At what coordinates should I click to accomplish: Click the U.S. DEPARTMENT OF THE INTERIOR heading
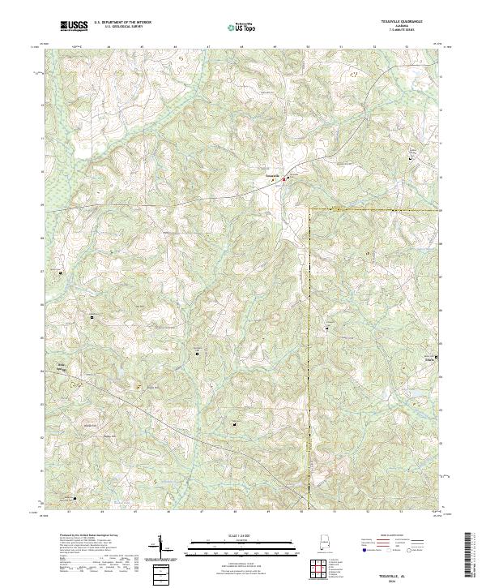[x=122, y=22]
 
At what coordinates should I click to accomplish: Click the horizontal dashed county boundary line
[x=373, y=209]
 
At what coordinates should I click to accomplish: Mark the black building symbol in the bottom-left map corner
[x=75, y=498]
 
